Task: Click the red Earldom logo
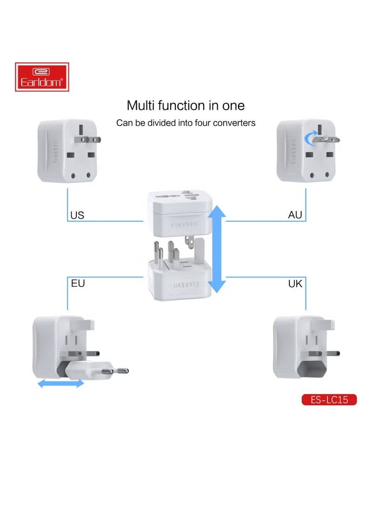point(42,77)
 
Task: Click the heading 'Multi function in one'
point(186,105)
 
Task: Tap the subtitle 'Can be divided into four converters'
point(186,123)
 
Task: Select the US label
point(77,215)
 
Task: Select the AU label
point(295,215)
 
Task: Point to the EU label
point(78,283)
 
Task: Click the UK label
point(295,283)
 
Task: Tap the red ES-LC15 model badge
point(329,400)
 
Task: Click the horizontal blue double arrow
point(60,383)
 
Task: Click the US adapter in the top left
point(65,150)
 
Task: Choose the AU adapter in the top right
point(305,150)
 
